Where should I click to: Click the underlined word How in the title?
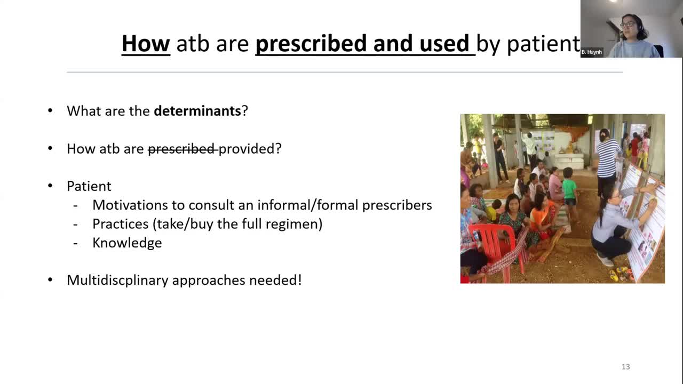[x=146, y=43]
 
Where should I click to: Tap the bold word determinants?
[x=197, y=110]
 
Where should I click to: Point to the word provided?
[x=250, y=149]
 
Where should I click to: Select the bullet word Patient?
[x=89, y=186]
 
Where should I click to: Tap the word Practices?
[x=121, y=224]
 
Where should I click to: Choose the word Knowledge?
[x=127, y=243]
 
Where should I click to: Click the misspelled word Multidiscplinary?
[x=117, y=281]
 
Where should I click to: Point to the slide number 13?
[x=626, y=366]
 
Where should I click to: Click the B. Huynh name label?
[x=592, y=52]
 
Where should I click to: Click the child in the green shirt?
[x=569, y=190]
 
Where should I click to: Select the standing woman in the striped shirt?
[x=607, y=162]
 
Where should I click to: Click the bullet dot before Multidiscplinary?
[x=50, y=280]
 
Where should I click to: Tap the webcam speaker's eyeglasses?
[x=628, y=25]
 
